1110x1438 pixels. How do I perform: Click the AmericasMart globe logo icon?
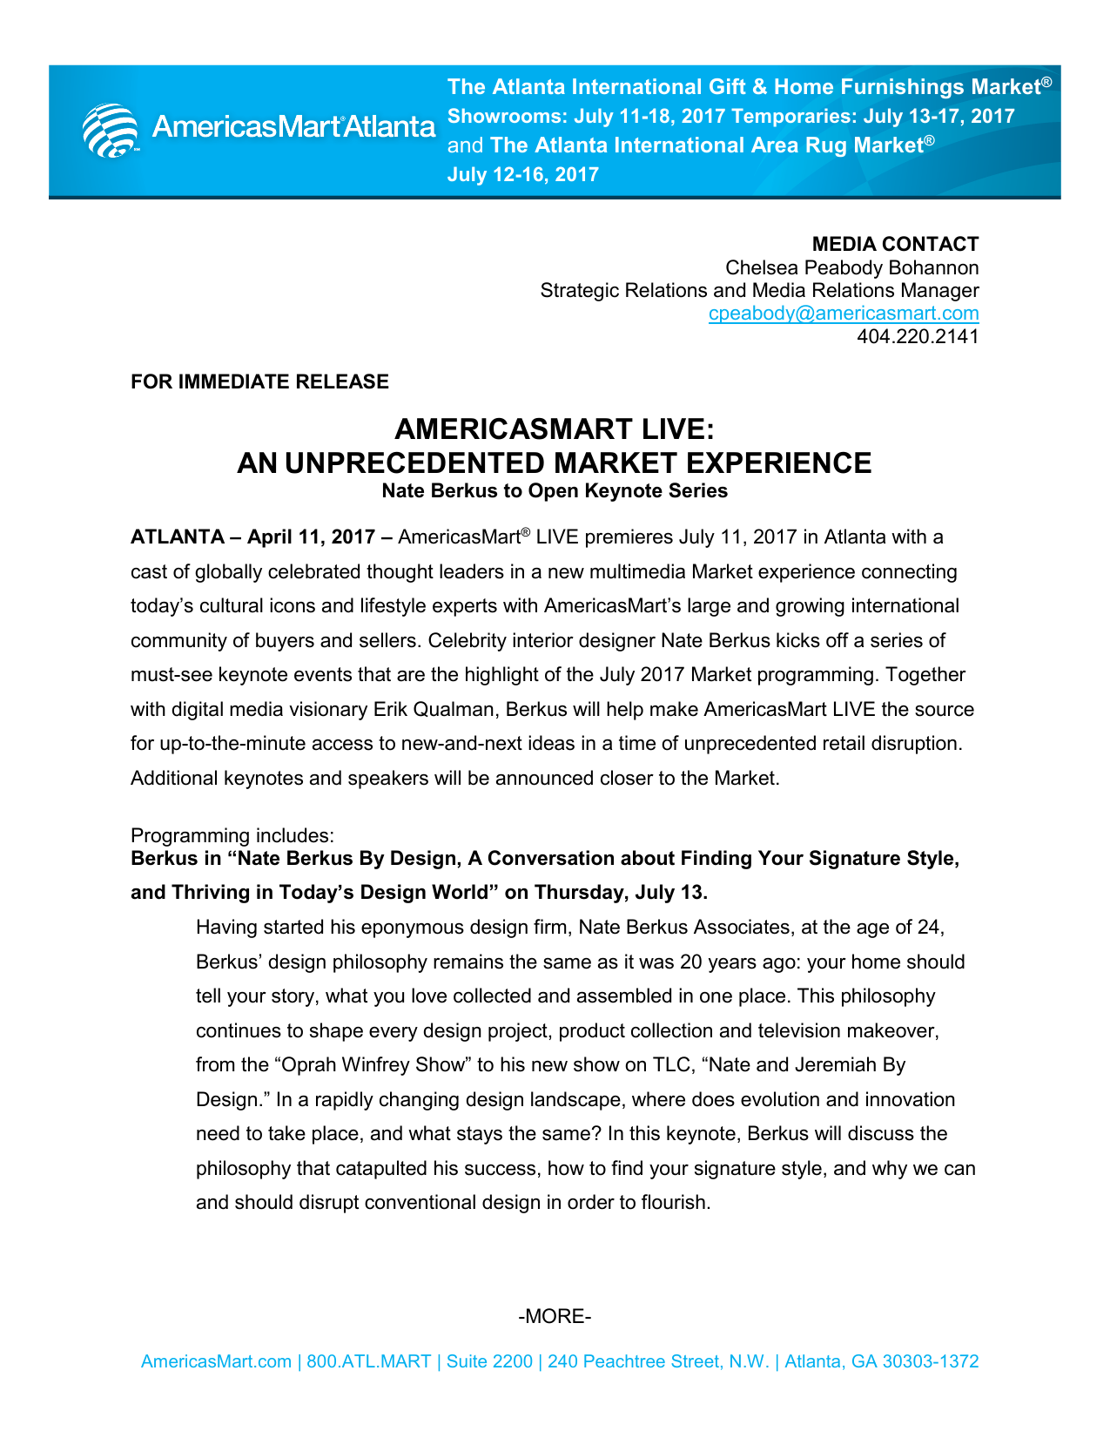coord(110,130)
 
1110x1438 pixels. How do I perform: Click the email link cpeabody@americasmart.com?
coord(843,314)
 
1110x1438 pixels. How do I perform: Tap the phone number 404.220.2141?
coord(918,336)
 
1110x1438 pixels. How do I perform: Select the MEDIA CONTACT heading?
coord(895,244)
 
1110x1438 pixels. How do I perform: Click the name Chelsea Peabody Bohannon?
coord(851,267)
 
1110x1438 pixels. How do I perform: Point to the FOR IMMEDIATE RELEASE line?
coord(259,381)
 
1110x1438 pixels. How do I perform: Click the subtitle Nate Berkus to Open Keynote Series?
coord(555,490)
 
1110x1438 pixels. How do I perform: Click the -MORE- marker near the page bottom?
coord(555,1316)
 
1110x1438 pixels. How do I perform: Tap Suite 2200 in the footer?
coord(489,1361)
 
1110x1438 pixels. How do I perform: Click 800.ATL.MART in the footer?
coord(368,1361)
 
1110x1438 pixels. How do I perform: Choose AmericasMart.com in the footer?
coord(216,1361)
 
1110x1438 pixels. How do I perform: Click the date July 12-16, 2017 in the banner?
coord(522,174)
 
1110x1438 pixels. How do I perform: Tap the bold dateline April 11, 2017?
coord(311,537)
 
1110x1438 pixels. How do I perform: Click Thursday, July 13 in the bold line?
coord(617,892)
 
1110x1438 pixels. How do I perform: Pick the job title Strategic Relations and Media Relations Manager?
coord(759,290)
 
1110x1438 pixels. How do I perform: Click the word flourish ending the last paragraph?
coord(675,1202)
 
